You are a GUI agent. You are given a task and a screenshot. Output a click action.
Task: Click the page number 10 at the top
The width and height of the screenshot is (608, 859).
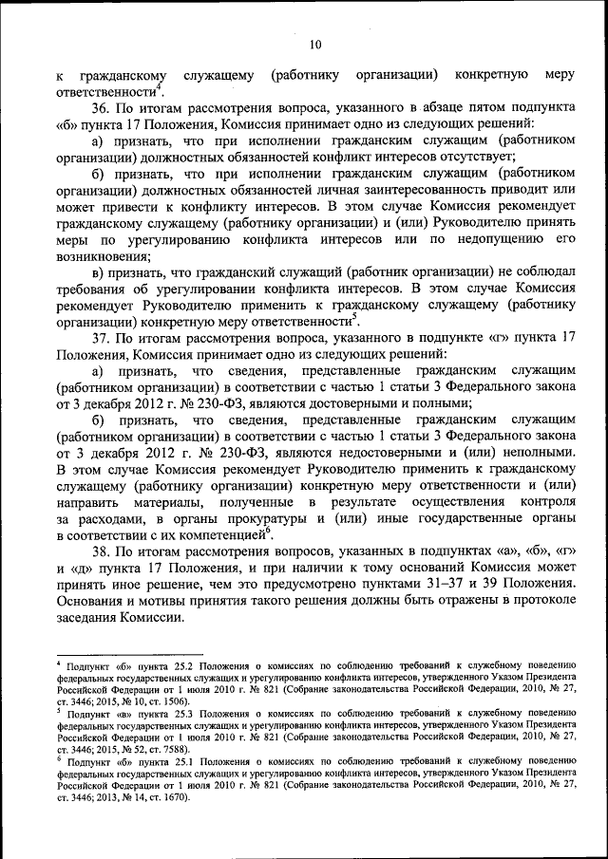[315, 44]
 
